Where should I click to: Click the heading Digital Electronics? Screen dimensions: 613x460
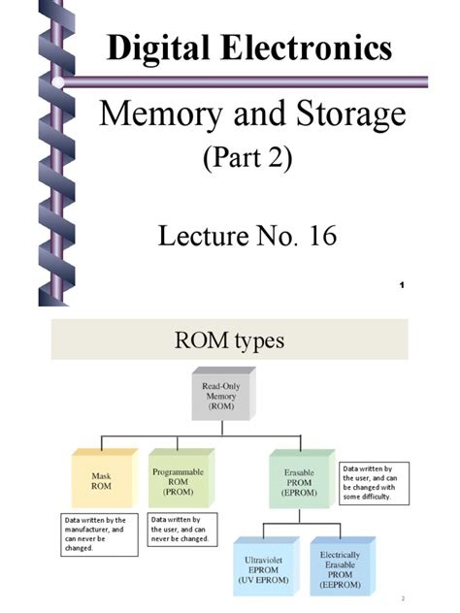pyautogui.click(x=249, y=48)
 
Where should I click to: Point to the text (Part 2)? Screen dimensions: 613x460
pyautogui.click(x=249, y=158)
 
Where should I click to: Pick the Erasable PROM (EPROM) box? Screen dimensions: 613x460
pyautogui.click(x=297, y=477)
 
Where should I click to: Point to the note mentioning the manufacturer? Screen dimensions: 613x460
pyautogui.click(x=95, y=532)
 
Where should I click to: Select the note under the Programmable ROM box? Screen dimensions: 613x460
pyautogui.click(x=182, y=530)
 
